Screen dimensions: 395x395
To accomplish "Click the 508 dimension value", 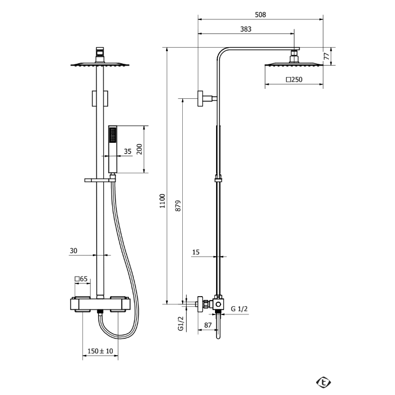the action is [260, 14].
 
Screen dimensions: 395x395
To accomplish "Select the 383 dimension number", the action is [246, 29].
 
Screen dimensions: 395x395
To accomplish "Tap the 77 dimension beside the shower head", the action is [327, 56].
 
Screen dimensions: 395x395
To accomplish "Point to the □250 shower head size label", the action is [294, 79].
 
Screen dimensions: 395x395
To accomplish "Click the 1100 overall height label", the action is [162, 201].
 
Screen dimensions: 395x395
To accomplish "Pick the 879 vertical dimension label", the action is [178, 206].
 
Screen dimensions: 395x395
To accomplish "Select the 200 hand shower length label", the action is [139, 149].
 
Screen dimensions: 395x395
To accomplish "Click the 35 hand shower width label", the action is [128, 152].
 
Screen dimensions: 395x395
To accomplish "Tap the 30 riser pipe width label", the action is [73, 251].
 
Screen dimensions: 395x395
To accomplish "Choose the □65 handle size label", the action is [81, 279].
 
